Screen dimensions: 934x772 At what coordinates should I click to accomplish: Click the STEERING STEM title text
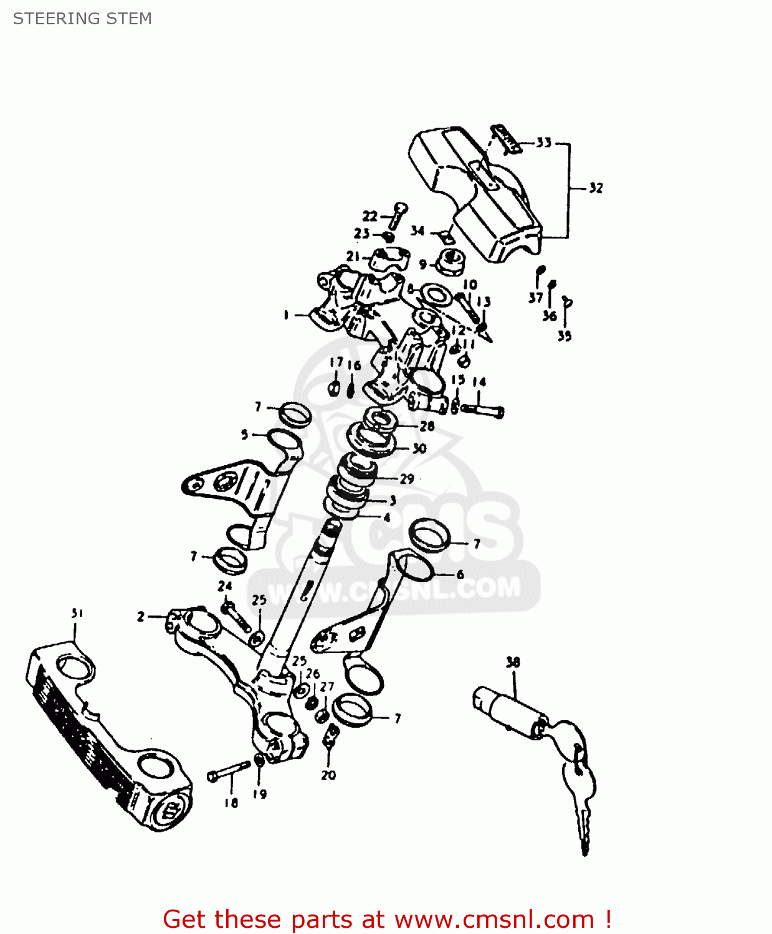pyautogui.click(x=82, y=19)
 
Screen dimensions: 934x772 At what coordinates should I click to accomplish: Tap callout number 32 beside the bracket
pyautogui.click(x=596, y=188)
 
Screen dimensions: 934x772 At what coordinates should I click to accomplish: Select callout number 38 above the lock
pyautogui.click(x=513, y=662)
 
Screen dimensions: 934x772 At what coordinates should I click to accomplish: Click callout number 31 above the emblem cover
pyautogui.click(x=77, y=613)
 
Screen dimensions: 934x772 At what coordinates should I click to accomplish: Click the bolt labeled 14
pyautogui.click(x=484, y=410)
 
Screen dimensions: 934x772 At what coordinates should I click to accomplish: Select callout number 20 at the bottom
pyautogui.click(x=328, y=775)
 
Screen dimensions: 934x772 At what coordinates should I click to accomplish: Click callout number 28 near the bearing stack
pyautogui.click(x=427, y=427)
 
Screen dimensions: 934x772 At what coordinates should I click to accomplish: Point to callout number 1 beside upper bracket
pyautogui.click(x=286, y=315)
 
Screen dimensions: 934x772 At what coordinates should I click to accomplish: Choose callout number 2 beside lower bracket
pyautogui.click(x=141, y=616)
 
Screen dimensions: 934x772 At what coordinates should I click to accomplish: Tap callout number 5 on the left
pyautogui.click(x=245, y=435)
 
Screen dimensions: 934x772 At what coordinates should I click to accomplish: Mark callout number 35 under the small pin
pyautogui.click(x=564, y=336)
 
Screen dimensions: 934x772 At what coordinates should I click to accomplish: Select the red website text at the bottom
pyautogui.click(x=386, y=919)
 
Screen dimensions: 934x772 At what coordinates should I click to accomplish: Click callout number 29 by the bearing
pyautogui.click(x=407, y=479)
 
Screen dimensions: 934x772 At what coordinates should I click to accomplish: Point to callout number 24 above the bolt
pyautogui.click(x=224, y=586)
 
